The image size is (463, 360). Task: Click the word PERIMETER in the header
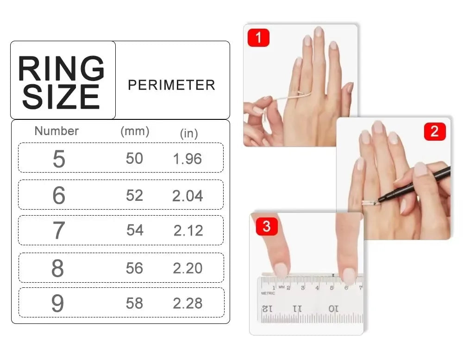click(x=171, y=85)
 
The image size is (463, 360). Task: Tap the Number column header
click(x=56, y=131)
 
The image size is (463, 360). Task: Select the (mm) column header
click(x=135, y=131)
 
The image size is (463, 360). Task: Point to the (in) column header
click(x=189, y=133)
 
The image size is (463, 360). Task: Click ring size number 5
click(x=59, y=159)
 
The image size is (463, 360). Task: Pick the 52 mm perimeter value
click(x=134, y=195)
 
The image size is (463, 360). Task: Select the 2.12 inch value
click(x=188, y=230)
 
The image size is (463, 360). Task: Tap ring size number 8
click(x=57, y=268)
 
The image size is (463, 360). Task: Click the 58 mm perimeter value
click(x=134, y=303)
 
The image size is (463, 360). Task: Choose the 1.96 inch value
click(x=188, y=159)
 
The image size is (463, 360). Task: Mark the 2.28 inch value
click(x=188, y=304)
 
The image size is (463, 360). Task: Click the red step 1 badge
click(x=258, y=37)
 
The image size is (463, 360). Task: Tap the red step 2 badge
click(x=435, y=131)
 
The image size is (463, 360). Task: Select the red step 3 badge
click(x=267, y=226)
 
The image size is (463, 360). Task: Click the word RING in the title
click(x=61, y=68)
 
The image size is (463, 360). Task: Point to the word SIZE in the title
click(x=61, y=96)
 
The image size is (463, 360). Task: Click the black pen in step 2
click(x=413, y=186)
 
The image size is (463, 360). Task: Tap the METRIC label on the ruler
click(x=268, y=293)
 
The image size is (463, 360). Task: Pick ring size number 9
click(x=57, y=303)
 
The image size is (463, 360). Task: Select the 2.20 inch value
click(x=188, y=268)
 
